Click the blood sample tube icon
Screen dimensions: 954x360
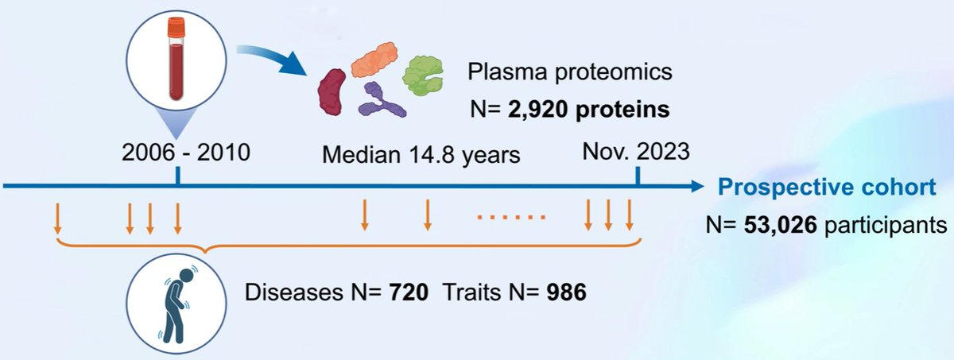pos(175,64)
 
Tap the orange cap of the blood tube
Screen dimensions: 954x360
pos(175,31)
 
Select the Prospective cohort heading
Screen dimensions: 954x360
pos(828,188)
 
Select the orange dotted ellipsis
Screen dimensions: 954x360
pos(510,216)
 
